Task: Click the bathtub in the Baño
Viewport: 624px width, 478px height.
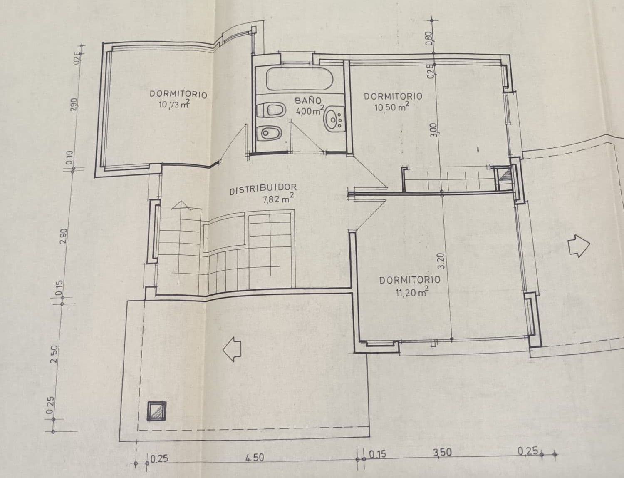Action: (299, 79)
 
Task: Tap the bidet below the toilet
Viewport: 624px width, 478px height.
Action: (270, 134)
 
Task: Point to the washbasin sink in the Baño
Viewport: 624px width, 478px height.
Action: (334, 118)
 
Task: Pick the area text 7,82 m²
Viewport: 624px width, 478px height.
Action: (278, 199)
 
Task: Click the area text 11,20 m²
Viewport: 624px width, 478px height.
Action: (412, 292)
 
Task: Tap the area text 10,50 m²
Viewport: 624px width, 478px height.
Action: (391, 107)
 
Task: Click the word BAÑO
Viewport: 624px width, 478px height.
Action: (308, 100)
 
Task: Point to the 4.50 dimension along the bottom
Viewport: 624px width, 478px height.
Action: (255, 458)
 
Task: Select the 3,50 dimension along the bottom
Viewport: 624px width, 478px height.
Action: (443, 453)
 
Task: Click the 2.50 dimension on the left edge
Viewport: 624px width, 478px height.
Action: (54, 354)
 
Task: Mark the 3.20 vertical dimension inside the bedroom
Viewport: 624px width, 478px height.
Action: (442, 261)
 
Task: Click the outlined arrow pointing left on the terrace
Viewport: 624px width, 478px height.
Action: (232, 349)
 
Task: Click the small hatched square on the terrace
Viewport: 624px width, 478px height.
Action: (157, 411)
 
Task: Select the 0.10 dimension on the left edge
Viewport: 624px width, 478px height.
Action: (69, 158)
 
